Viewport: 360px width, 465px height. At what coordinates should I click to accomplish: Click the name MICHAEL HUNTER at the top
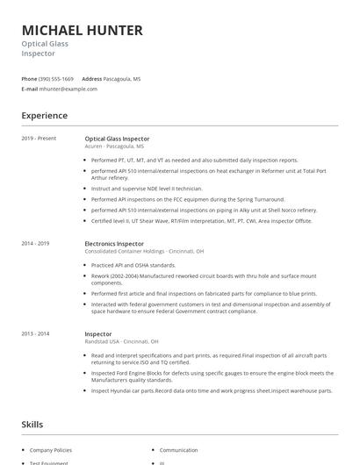pyautogui.click(x=82, y=31)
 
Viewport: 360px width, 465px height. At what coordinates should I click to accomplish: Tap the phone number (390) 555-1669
pyautogui.click(x=56, y=79)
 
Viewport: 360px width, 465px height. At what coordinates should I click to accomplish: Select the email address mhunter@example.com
pyautogui.click(x=68, y=89)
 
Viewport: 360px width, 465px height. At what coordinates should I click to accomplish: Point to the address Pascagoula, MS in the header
pyautogui.click(x=122, y=79)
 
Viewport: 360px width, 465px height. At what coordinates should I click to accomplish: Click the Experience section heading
pyautogui.click(x=44, y=116)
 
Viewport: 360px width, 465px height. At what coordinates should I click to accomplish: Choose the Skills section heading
pyautogui.click(x=32, y=425)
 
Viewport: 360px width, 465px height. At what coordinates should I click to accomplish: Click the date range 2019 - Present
pyautogui.click(x=39, y=139)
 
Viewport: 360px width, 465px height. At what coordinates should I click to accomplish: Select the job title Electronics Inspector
pyautogui.click(x=113, y=243)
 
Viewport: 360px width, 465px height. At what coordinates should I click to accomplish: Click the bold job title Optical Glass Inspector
pyautogui.click(x=117, y=139)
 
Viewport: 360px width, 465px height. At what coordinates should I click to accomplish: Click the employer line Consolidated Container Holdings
pyautogui.click(x=143, y=251)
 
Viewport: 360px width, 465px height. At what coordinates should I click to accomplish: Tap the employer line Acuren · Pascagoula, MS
pyautogui.click(x=114, y=147)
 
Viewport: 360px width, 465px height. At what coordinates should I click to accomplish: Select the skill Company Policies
pyautogui.click(x=50, y=450)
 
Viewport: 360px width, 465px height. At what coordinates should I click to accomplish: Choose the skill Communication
pyautogui.click(x=178, y=450)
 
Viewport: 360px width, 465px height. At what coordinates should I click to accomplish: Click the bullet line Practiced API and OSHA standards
pyautogui.click(x=133, y=264)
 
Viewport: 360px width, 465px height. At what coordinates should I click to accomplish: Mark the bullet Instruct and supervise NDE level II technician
pyautogui.click(x=147, y=189)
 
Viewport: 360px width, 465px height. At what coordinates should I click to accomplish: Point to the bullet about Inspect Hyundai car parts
pyautogui.click(x=211, y=390)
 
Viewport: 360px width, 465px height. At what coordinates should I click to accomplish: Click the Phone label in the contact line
pyautogui.click(x=29, y=79)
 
